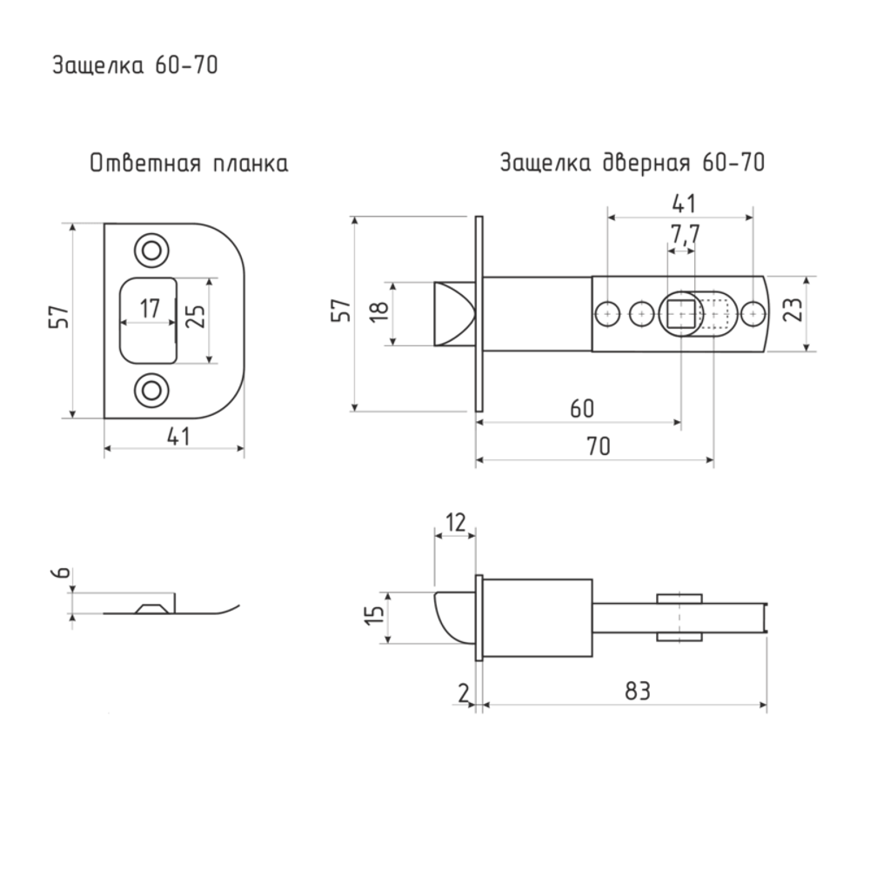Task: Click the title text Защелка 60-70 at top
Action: pyautogui.click(x=136, y=65)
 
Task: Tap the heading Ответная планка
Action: pyautogui.click(x=189, y=164)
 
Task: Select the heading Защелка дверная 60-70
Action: pyautogui.click(x=632, y=163)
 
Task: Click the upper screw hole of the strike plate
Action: pyautogui.click(x=151, y=251)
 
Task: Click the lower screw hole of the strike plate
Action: pyautogui.click(x=151, y=390)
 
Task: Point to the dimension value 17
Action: pyautogui.click(x=150, y=308)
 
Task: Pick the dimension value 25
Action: pyautogui.click(x=195, y=317)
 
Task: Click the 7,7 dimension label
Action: pyautogui.click(x=685, y=234)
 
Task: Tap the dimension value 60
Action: pyautogui.click(x=582, y=409)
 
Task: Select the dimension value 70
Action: pyautogui.click(x=599, y=446)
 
